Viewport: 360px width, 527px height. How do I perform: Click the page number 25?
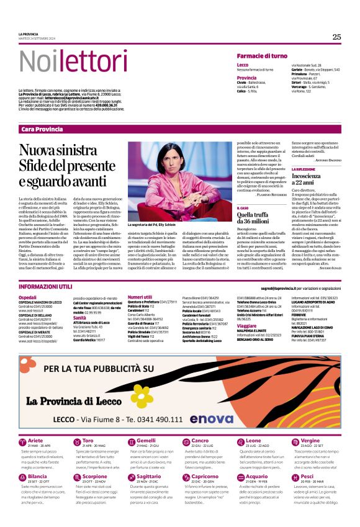point(336,37)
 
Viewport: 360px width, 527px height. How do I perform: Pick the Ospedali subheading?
point(27,298)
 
